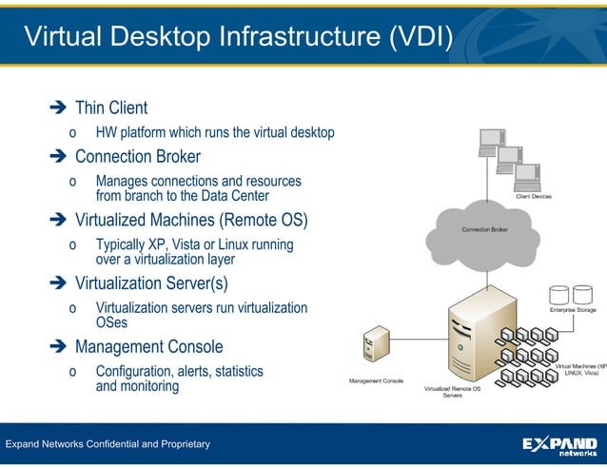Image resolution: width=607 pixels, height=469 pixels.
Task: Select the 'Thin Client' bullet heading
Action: [110, 108]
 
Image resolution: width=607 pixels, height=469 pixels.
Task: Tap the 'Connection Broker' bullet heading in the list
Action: [137, 156]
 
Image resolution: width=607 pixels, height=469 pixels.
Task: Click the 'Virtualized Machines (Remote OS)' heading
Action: [191, 221]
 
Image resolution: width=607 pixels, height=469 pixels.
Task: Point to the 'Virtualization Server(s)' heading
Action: [151, 283]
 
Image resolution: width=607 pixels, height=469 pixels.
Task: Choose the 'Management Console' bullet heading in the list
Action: [148, 346]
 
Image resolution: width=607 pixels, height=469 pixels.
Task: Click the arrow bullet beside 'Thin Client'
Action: [56, 108]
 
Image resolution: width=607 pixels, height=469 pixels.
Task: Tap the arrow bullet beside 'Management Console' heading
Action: [56, 347]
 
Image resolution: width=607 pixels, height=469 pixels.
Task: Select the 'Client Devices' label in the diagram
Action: [533, 197]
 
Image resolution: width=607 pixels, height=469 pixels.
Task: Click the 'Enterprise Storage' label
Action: [573, 309]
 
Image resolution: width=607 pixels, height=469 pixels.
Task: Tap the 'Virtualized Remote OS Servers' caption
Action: [452, 392]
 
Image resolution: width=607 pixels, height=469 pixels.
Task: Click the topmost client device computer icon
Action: [492, 141]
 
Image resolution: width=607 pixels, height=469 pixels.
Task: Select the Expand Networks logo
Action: [561, 445]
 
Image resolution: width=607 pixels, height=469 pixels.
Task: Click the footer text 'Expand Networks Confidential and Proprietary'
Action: [108, 444]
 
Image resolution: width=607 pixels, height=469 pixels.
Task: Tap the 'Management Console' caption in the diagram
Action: [376, 381]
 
